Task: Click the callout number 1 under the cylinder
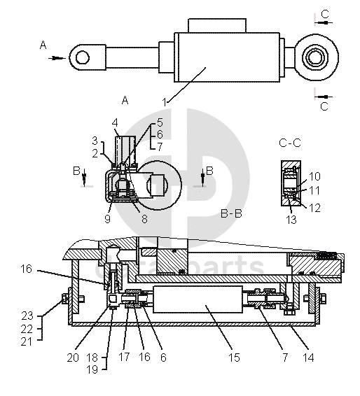[165, 103]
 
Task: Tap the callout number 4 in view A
[115, 123]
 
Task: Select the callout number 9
[107, 219]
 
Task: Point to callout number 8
[144, 219]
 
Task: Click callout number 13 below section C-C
[291, 220]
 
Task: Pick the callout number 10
[314, 176]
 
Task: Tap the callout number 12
[315, 208]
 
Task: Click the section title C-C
[290, 143]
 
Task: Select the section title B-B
[231, 213]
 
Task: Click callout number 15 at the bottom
[234, 358]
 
